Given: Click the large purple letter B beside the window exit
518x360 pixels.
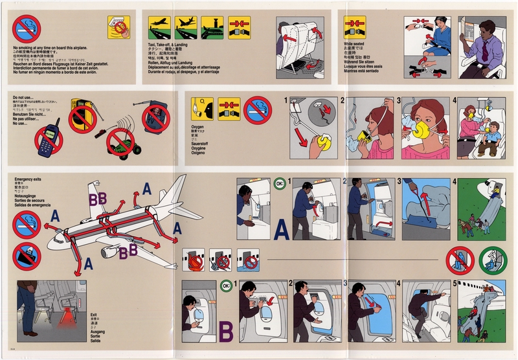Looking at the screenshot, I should point(226,332).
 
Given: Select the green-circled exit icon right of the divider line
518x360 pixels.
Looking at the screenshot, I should point(493,260).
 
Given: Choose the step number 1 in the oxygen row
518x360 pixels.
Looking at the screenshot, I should point(286,101).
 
